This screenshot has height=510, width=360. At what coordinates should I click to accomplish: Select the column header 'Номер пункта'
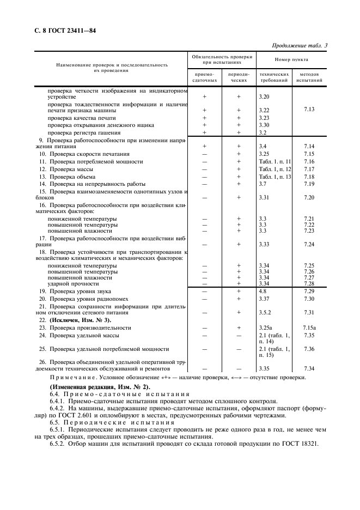point(290,59)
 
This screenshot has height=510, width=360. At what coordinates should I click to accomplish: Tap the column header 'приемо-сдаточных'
point(204,77)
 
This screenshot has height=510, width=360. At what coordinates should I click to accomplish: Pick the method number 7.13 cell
point(309,109)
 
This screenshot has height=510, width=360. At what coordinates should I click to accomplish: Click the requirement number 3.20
point(264,96)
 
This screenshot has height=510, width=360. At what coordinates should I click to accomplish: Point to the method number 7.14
point(309,146)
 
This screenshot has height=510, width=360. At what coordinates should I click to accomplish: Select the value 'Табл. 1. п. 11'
point(274,161)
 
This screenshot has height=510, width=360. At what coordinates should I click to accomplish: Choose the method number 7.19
point(309,184)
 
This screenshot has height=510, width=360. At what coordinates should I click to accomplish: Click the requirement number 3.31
point(264,197)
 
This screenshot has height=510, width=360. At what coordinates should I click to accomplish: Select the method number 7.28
point(309,283)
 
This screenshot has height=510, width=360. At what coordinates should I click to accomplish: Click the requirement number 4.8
point(263,292)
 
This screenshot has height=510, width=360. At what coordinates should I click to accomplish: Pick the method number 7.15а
point(309,327)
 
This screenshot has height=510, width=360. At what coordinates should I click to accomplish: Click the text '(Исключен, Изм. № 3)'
point(75,320)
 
